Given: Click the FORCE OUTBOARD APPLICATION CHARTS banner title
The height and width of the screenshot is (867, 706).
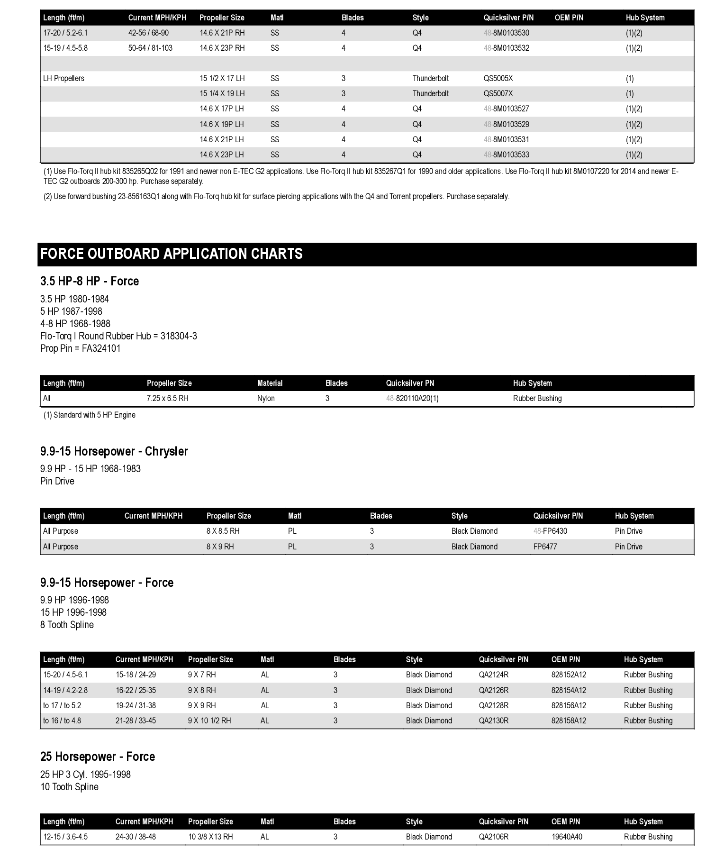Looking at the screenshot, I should [x=172, y=254].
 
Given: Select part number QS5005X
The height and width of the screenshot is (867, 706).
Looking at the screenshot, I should [x=498, y=78].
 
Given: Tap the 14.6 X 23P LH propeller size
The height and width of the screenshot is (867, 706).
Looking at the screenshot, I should [x=221, y=155].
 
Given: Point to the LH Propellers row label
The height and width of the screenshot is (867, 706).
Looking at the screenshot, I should [x=63, y=78].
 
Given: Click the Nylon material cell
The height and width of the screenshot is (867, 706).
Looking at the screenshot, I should [x=266, y=398].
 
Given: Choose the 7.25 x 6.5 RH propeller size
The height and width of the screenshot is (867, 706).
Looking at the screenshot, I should [x=167, y=398].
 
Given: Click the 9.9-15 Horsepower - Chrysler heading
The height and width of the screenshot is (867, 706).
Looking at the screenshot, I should [x=114, y=451].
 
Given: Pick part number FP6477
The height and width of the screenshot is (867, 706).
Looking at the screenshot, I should [x=545, y=547].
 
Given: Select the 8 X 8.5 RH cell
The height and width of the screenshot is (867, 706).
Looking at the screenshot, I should [x=223, y=531].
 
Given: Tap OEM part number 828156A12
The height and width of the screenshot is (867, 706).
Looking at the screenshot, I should [x=569, y=705].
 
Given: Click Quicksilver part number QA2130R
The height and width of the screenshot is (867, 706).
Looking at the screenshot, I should [x=493, y=721].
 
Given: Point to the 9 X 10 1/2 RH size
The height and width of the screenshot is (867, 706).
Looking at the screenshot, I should [x=209, y=721].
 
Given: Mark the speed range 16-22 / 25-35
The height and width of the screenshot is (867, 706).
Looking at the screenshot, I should [x=136, y=690].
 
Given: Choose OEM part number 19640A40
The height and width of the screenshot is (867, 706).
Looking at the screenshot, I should [x=567, y=837].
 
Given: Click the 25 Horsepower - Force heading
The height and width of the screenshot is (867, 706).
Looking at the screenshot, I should [x=98, y=757].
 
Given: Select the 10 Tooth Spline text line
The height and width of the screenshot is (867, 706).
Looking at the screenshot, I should [x=69, y=787].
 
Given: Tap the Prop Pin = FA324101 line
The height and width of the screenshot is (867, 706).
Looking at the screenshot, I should [x=80, y=348].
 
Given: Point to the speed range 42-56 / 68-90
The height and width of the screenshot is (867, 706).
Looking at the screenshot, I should [x=148, y=33].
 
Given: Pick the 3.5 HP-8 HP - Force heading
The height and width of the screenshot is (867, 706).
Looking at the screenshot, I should [x=90, y=281].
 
